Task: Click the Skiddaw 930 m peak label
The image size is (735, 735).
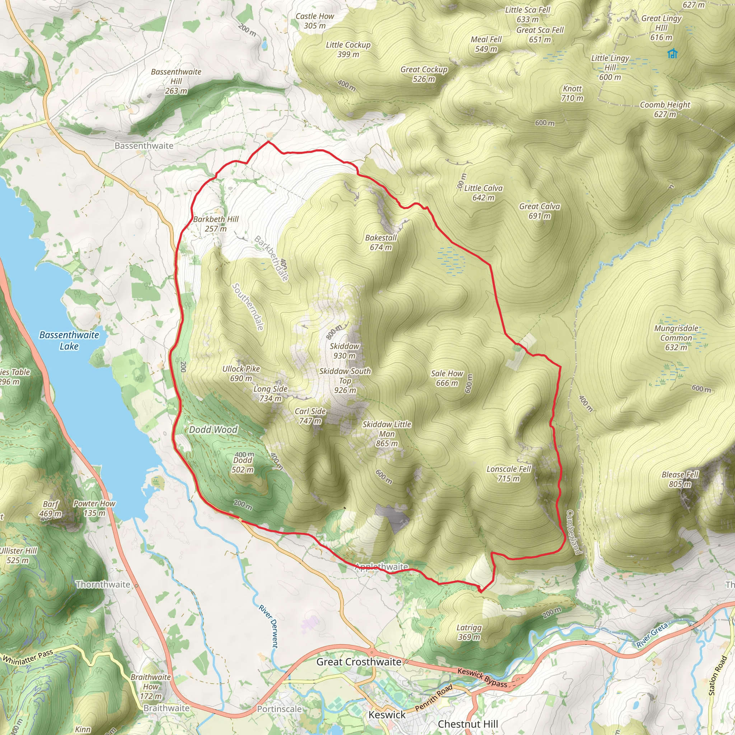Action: click(x=344, y=351)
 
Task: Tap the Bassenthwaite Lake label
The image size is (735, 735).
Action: click(x=69, y=341)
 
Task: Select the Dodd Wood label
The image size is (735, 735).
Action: click(x=213, y=430)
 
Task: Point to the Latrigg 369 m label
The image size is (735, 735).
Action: click(x=469, y=632)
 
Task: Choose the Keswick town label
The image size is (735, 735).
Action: click(x=387, y=715)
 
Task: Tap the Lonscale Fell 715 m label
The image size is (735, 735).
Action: click(x=509, y=474)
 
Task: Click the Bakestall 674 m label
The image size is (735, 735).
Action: click(x=381, y=242)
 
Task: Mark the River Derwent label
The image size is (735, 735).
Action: click(x=268, y=626)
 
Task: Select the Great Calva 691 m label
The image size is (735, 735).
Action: click(x=539, y=211)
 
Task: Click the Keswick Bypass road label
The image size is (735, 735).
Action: click(x=482, y=678)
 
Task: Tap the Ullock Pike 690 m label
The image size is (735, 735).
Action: click(x=241, y=373)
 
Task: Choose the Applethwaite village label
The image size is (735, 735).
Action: click(x=381, y=567)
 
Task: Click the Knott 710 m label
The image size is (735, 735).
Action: click(x=572, y=93)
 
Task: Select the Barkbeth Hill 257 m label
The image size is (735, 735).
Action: click(x=216, y=224)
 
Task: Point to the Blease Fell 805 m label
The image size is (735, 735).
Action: click(x=680, y=479)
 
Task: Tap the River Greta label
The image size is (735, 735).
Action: click(x=652, y=635)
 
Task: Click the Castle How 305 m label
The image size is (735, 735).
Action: click(x=315, y=21)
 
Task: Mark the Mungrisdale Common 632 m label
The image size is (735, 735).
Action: click(x=676, y=337)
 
